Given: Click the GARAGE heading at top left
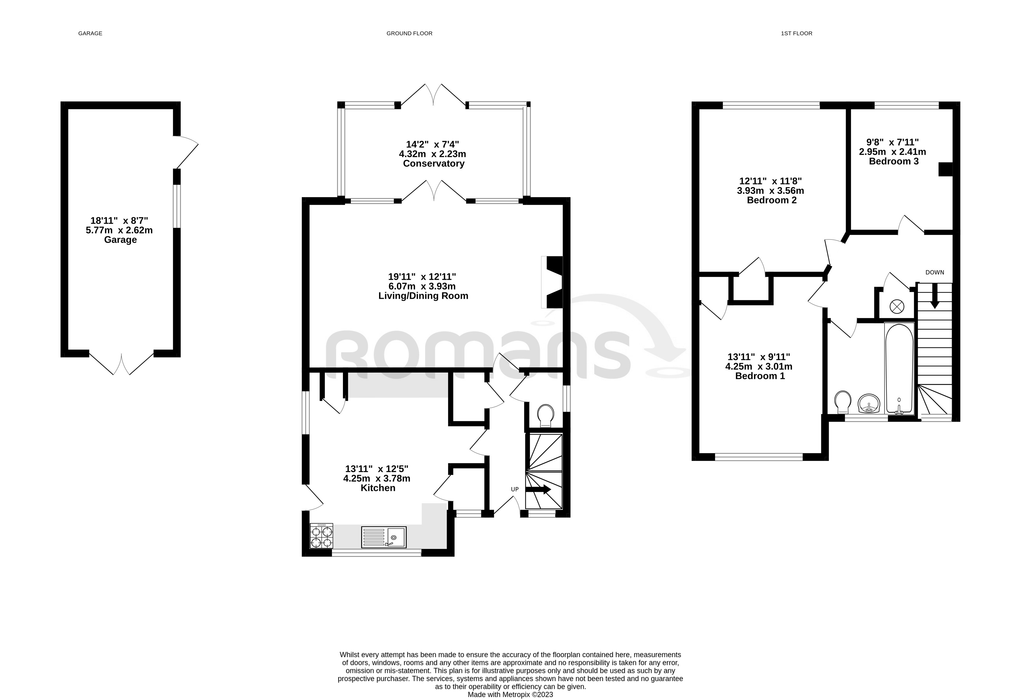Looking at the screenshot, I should pyautogui.click(x=90, y=34).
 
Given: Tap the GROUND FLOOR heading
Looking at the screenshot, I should pyautogui.click(x=409, y=34).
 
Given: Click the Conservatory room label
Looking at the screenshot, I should pyautogui.click(x=433, y=163).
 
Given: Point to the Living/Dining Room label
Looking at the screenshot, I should pyautogui.click(x=423, y=296).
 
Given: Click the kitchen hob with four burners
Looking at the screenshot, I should pyautogui.click(x=321, y=536).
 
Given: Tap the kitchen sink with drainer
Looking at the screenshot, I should pyautogui.click(x=383, y=537).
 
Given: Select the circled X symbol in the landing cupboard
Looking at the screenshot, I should pyautogui.click(x=896, y=307).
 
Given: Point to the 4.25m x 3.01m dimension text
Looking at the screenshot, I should pyautogui.click(x=759, y=366).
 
